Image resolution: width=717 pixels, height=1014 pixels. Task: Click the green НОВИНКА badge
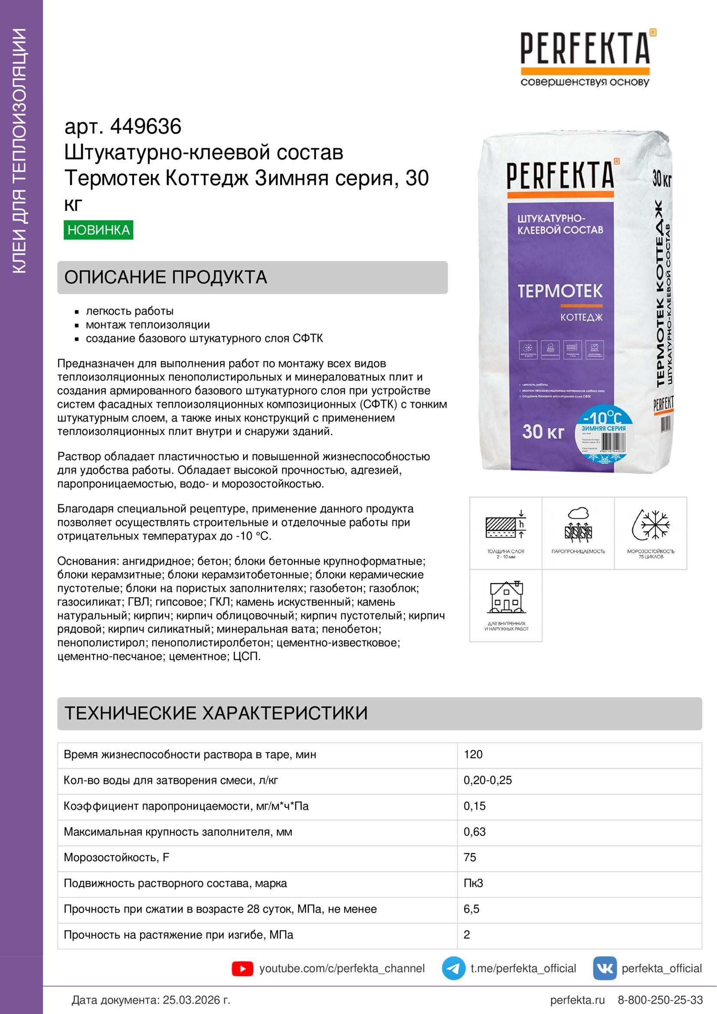pos(98,230)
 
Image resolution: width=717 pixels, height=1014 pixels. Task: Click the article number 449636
pos(145,126)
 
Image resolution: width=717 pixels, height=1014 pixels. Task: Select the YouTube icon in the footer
pos(242,968)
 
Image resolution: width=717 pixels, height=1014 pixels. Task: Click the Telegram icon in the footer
pos(453,968)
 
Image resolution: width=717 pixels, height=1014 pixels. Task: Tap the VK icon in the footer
pos(604,968)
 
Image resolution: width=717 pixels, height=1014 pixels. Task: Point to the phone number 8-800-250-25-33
pos(660,1000)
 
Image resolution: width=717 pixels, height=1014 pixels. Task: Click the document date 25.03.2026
pos(196,1000)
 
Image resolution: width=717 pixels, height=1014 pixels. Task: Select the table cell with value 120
pos(473,754)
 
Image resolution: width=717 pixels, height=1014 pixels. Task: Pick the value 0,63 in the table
pos(475,831)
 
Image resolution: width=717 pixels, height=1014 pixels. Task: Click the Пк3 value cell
pos(473,883)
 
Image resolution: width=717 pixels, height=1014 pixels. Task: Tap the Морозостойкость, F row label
pos(116,857)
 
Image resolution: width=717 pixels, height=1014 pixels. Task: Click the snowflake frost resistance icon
pos(650,525)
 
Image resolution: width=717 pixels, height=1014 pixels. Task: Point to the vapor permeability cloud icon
pos(578,525)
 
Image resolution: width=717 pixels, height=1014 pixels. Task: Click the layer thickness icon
pos(505,525)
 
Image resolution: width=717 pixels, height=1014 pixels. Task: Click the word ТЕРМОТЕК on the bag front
pos(560,291)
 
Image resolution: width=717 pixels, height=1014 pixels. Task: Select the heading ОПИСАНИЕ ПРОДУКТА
pos(166,277)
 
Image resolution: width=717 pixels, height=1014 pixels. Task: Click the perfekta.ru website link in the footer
pos(577,1000)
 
